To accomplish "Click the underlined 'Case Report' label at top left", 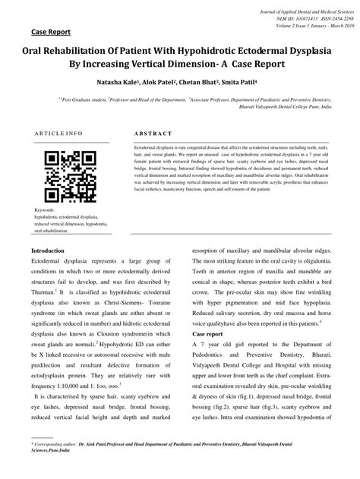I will click(x=51, y=33).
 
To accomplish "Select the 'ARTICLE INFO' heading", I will click(x=58, y=133).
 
